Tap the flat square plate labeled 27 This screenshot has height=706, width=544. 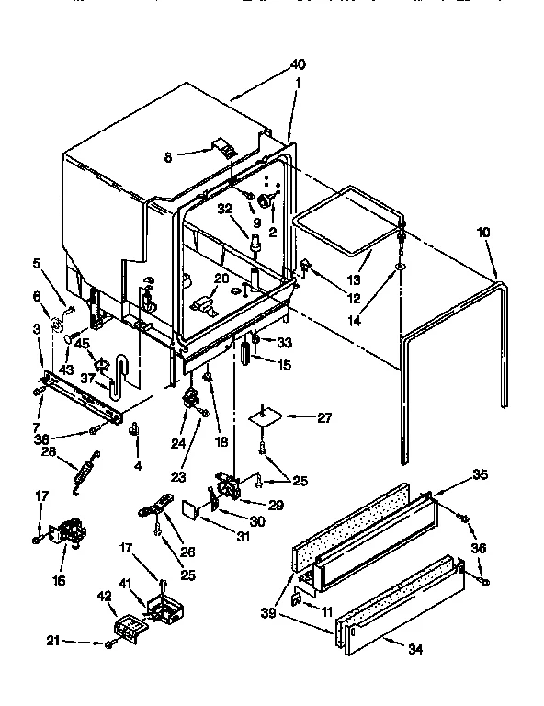265,415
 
